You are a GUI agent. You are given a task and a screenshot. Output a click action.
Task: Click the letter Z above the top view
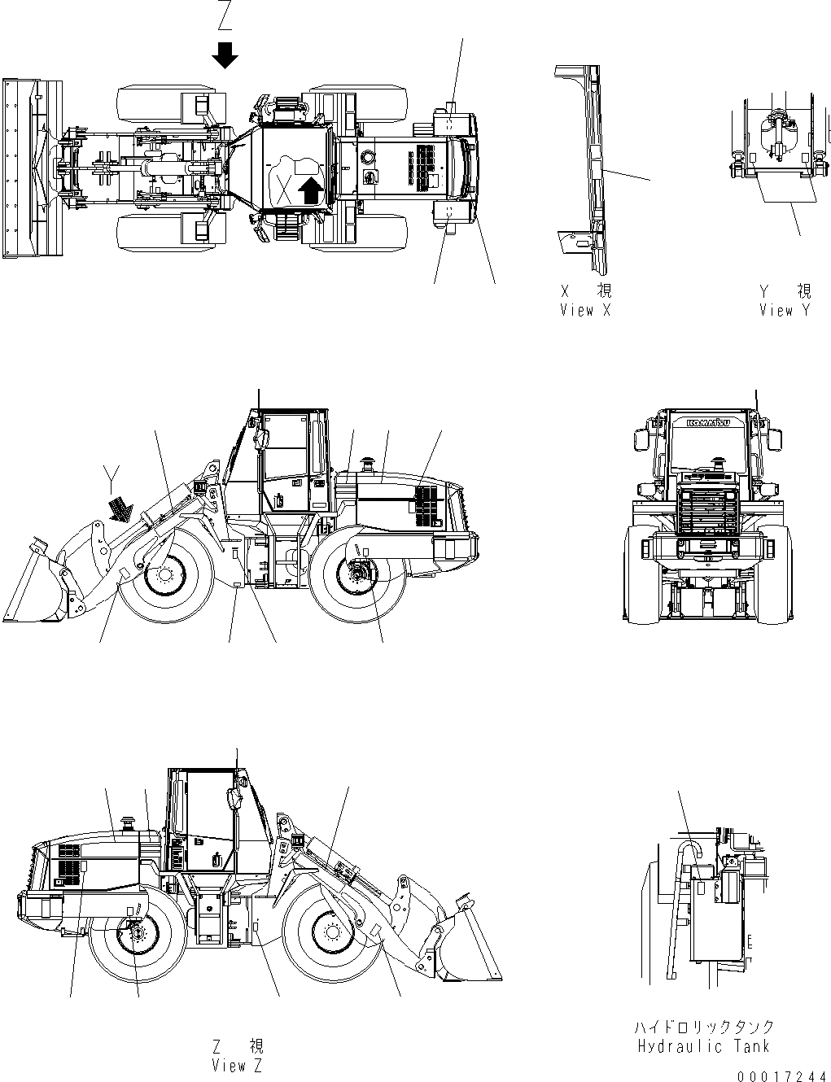[225, 14]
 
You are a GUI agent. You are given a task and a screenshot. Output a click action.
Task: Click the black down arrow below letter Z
[225, 55]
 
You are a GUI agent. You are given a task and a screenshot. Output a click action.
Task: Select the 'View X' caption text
[584, 310]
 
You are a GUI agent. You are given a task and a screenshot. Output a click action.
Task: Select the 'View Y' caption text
[785, 310]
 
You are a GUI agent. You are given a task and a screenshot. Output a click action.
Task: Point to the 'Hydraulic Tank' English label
[704, 1046]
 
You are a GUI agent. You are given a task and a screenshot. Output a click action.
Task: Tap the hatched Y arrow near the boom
[120, 508]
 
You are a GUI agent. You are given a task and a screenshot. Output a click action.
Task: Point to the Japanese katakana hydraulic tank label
[704, 1027]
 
